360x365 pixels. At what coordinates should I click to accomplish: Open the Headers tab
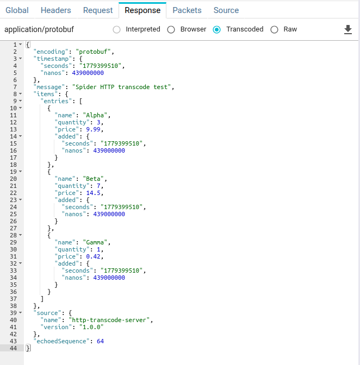tap(55, 10)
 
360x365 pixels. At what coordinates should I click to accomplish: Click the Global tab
tap(17, 10)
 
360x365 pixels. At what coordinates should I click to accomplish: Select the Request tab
tap(98, 10)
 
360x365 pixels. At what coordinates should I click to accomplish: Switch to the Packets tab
tap(187, 10)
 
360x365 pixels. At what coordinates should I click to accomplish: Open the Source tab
tap(226, 10)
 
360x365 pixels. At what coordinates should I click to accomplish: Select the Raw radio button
tap(274, 29)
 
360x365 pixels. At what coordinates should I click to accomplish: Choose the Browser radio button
tap(171, 29)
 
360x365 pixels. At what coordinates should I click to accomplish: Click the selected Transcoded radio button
tap(216, 29)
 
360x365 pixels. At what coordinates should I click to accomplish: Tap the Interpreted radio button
tap(116, 29)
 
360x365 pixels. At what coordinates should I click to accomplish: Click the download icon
tap(348, 29)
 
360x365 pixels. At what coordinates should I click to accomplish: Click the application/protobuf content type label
tap(39, 29)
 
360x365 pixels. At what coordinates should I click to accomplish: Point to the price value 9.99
tap(93, 129)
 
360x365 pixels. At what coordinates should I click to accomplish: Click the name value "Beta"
tap(93, 179)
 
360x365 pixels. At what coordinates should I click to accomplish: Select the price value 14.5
tap(93, 193)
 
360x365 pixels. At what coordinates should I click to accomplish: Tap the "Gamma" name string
tap(95, 242)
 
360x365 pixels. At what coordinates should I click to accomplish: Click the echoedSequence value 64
tap(100, 341)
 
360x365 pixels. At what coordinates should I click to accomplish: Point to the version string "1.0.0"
tap(91, 327)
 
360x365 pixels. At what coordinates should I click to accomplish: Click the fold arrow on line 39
tap(20, 313)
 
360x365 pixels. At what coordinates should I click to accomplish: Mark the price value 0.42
tap(93, 256)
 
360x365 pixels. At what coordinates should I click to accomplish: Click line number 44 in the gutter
tap(13, 348)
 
